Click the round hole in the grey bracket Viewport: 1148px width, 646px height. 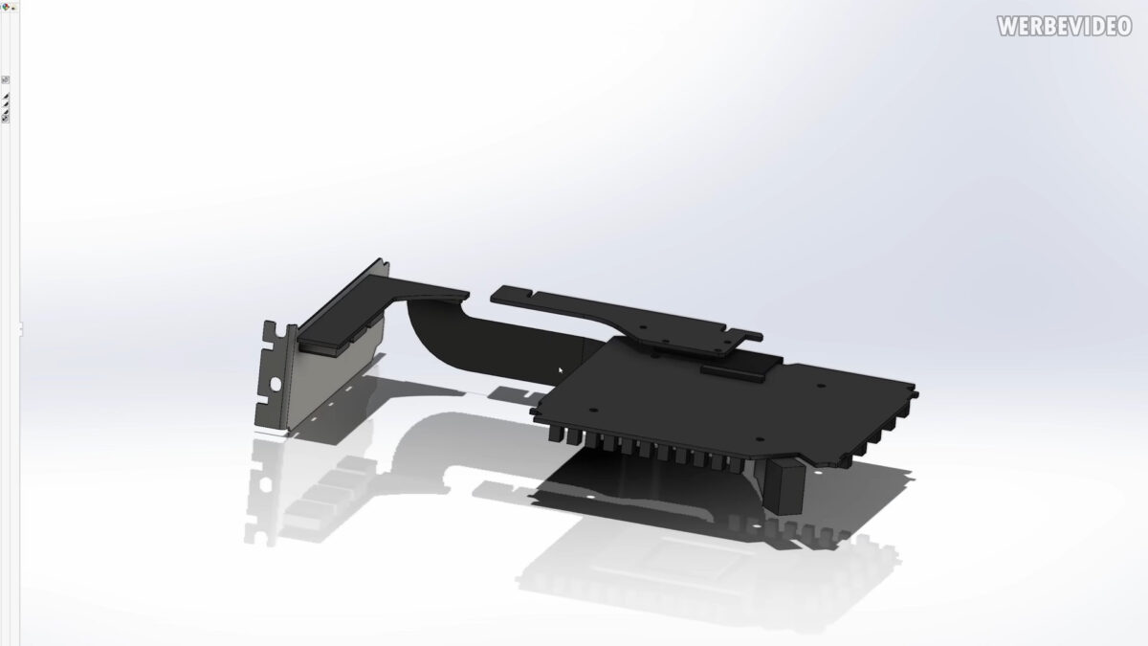click(x=276, y=383)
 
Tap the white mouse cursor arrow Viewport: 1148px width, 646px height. click(x=562, y=370)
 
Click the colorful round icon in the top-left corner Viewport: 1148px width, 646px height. click(x=6, y=6)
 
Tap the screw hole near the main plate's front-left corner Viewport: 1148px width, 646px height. click(x=591, y=411)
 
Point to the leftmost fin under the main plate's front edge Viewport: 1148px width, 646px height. click(x=554, y=433)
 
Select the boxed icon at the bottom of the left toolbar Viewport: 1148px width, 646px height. click(x=6, y=118)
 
